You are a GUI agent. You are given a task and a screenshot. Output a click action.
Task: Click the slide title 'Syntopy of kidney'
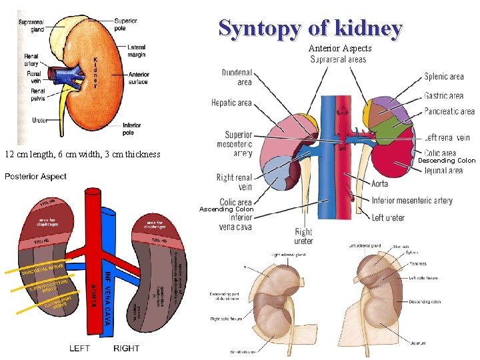[x=310, y=29]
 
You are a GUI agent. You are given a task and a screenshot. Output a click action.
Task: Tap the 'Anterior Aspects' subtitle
[x=339, y=49]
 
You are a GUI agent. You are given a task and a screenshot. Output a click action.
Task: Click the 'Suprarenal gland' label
[x=31, y=25]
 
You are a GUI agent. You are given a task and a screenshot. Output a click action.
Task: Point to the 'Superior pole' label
[x=125, y=25]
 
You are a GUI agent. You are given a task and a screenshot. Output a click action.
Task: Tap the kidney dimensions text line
[x=83, y=155]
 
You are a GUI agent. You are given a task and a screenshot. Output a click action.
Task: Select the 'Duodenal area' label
[x=236, y=77]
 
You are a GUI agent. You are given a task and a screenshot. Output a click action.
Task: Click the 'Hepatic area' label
[x=231, y=103]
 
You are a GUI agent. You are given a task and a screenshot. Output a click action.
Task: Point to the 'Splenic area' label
[x=444, y=77]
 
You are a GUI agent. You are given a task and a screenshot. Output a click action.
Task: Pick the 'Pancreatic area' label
[x=449, y=111]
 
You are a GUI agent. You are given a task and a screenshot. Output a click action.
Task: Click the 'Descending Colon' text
[x=447, y=161]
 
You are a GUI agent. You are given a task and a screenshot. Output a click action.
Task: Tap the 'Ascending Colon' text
[x=225, y=209]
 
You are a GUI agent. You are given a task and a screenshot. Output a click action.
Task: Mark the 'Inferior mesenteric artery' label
[x=412, y=200]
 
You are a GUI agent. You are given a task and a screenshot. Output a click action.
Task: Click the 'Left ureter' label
[x=388, y=217]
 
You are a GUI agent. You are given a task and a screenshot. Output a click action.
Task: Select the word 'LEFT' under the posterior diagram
[x=80, y=348]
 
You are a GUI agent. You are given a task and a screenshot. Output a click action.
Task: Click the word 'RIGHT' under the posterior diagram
[x=127, y=348]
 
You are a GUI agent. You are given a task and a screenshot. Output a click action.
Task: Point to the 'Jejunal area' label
[x=443, y=171]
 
